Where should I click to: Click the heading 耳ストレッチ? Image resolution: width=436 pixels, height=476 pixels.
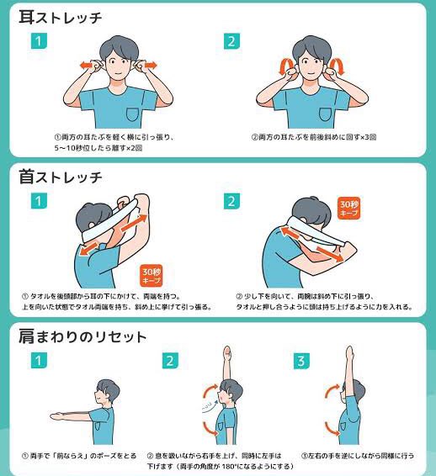[60, 17]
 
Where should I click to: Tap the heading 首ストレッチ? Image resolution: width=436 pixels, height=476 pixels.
[60, 177]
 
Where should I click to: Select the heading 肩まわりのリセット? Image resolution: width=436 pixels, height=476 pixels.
[82, 336]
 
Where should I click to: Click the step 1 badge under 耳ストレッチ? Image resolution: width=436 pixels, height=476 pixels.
[39, 41]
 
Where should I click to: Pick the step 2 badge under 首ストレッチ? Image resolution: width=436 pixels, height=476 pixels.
[231, 201]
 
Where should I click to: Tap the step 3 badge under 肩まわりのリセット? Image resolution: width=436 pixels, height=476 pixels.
[301, 361]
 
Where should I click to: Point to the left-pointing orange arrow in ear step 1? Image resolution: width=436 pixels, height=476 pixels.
[87, 66]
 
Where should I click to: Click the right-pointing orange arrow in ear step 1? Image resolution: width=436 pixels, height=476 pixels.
[151, 66]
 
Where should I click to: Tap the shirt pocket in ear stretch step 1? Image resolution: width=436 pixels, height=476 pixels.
[133, 115]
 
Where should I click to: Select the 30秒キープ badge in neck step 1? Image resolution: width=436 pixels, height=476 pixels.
[151, 276]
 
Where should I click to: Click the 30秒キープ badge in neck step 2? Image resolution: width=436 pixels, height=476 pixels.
[349, 208]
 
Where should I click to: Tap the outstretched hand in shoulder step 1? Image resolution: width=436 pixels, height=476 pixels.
[59, 416]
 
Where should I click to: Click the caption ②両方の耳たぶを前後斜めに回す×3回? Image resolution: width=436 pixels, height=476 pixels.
[314, 137]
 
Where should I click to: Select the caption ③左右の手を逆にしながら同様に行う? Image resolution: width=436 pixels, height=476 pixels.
[358, 456]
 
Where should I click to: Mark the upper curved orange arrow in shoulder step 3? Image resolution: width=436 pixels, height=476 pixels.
[331, 390]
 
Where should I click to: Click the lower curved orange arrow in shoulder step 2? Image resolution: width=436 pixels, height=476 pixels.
[209, 429]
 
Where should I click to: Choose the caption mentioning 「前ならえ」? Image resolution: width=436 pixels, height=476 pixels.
[79, 456]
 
